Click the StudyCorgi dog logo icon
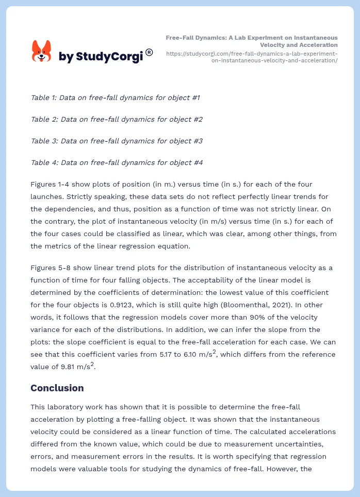pyautogui.click(x=41, y=51)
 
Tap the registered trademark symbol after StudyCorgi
pyautogui.click(x=149, y=52)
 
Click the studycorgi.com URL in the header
pyautogui.click(x=252, y=57)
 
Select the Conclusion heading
pyautogui.click(x=57, y=388)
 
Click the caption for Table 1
pyautogui.click(x=115, y=97)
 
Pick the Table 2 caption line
pyautogui.click(x=117, y=119)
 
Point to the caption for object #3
pyautogui.click(x=117, y=141)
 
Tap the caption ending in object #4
pyautogui.click(x=117, y=162)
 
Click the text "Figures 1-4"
pyautogui.click(x=51, y=184)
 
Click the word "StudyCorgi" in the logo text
pyautogui.click(x=109, y=57)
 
